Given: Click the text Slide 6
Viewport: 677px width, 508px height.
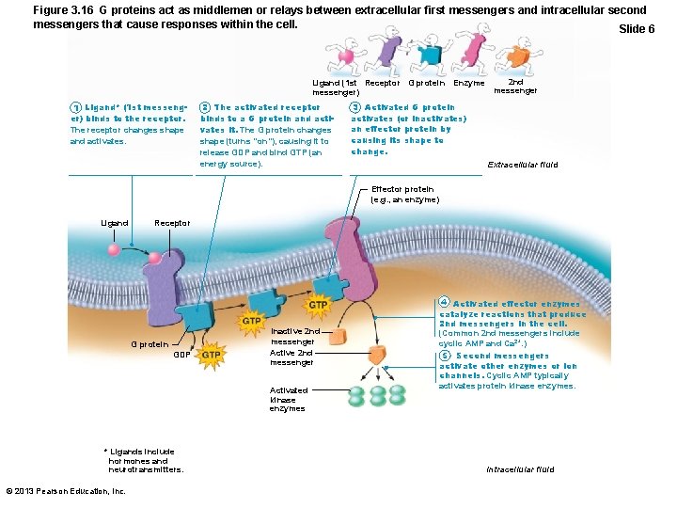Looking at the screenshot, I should [x=637, y=29].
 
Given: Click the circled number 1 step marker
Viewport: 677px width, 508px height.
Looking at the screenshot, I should [x=76, y=108].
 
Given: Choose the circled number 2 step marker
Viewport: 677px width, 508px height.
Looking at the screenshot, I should [x=205, y=108].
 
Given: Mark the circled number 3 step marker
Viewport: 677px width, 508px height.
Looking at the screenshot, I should [x=355, y=108].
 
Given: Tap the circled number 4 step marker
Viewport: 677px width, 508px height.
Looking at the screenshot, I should [x=444, y=303].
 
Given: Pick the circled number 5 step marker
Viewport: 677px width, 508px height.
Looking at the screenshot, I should [x=444, y=356].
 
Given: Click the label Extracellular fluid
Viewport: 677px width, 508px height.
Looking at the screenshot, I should [x=522, y=165].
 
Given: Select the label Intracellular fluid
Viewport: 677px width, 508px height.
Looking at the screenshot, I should [x=520, y=468].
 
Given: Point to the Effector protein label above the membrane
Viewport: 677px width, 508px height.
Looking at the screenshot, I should [x=404, y=195].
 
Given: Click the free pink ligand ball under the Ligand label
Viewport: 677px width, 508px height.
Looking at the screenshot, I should [x=114, y=250].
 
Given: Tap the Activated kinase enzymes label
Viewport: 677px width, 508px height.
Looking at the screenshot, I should [x=289, y=399].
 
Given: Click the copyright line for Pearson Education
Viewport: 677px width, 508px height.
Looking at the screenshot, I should [x=65, y=491].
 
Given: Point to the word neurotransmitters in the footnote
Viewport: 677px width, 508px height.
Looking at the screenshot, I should [x=147, y=468].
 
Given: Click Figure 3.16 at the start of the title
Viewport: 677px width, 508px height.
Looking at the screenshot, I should [x=61, y=10].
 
